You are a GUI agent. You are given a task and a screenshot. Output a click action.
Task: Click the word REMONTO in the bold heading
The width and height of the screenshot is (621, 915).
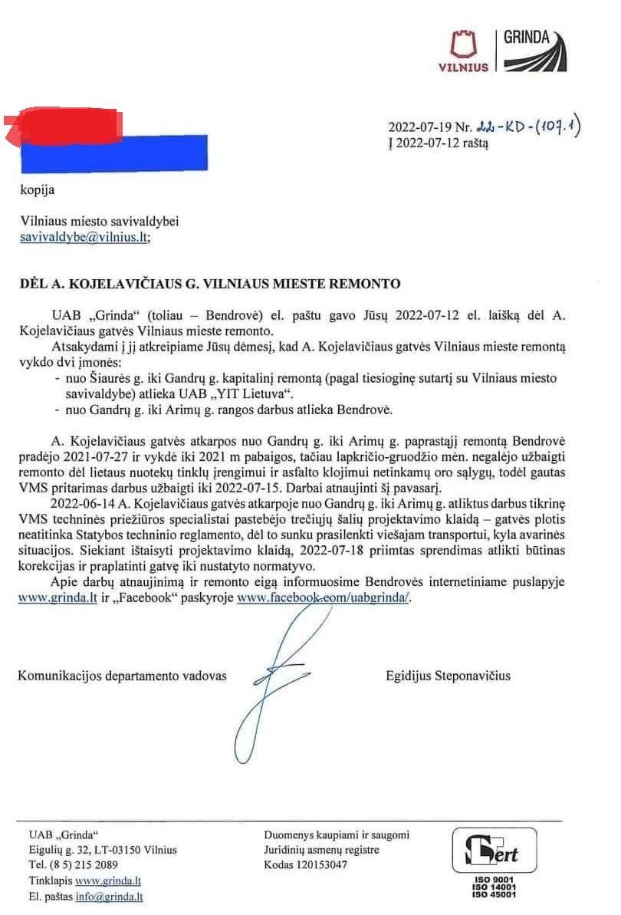tap(362, 284)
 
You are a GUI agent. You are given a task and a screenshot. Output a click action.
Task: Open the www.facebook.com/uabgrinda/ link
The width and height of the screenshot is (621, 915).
tap(324, 598)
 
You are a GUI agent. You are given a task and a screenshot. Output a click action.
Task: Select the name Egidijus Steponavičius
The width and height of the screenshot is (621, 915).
tap(449, 676)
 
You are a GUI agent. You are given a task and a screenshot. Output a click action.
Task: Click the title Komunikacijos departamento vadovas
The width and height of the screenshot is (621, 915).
tap(123, 676)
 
